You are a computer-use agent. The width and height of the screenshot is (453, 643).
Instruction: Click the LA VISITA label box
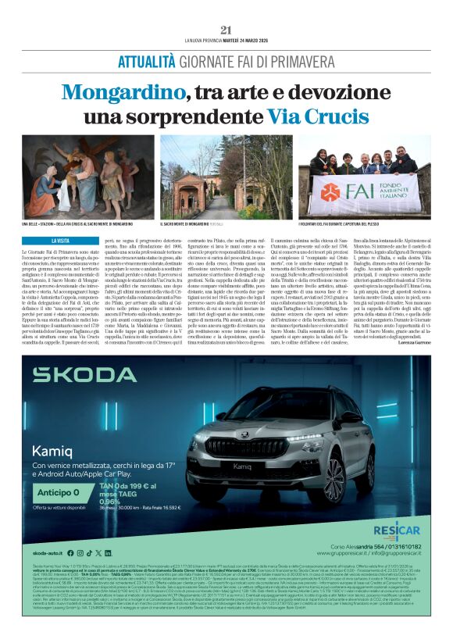(x=63, y=241)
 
